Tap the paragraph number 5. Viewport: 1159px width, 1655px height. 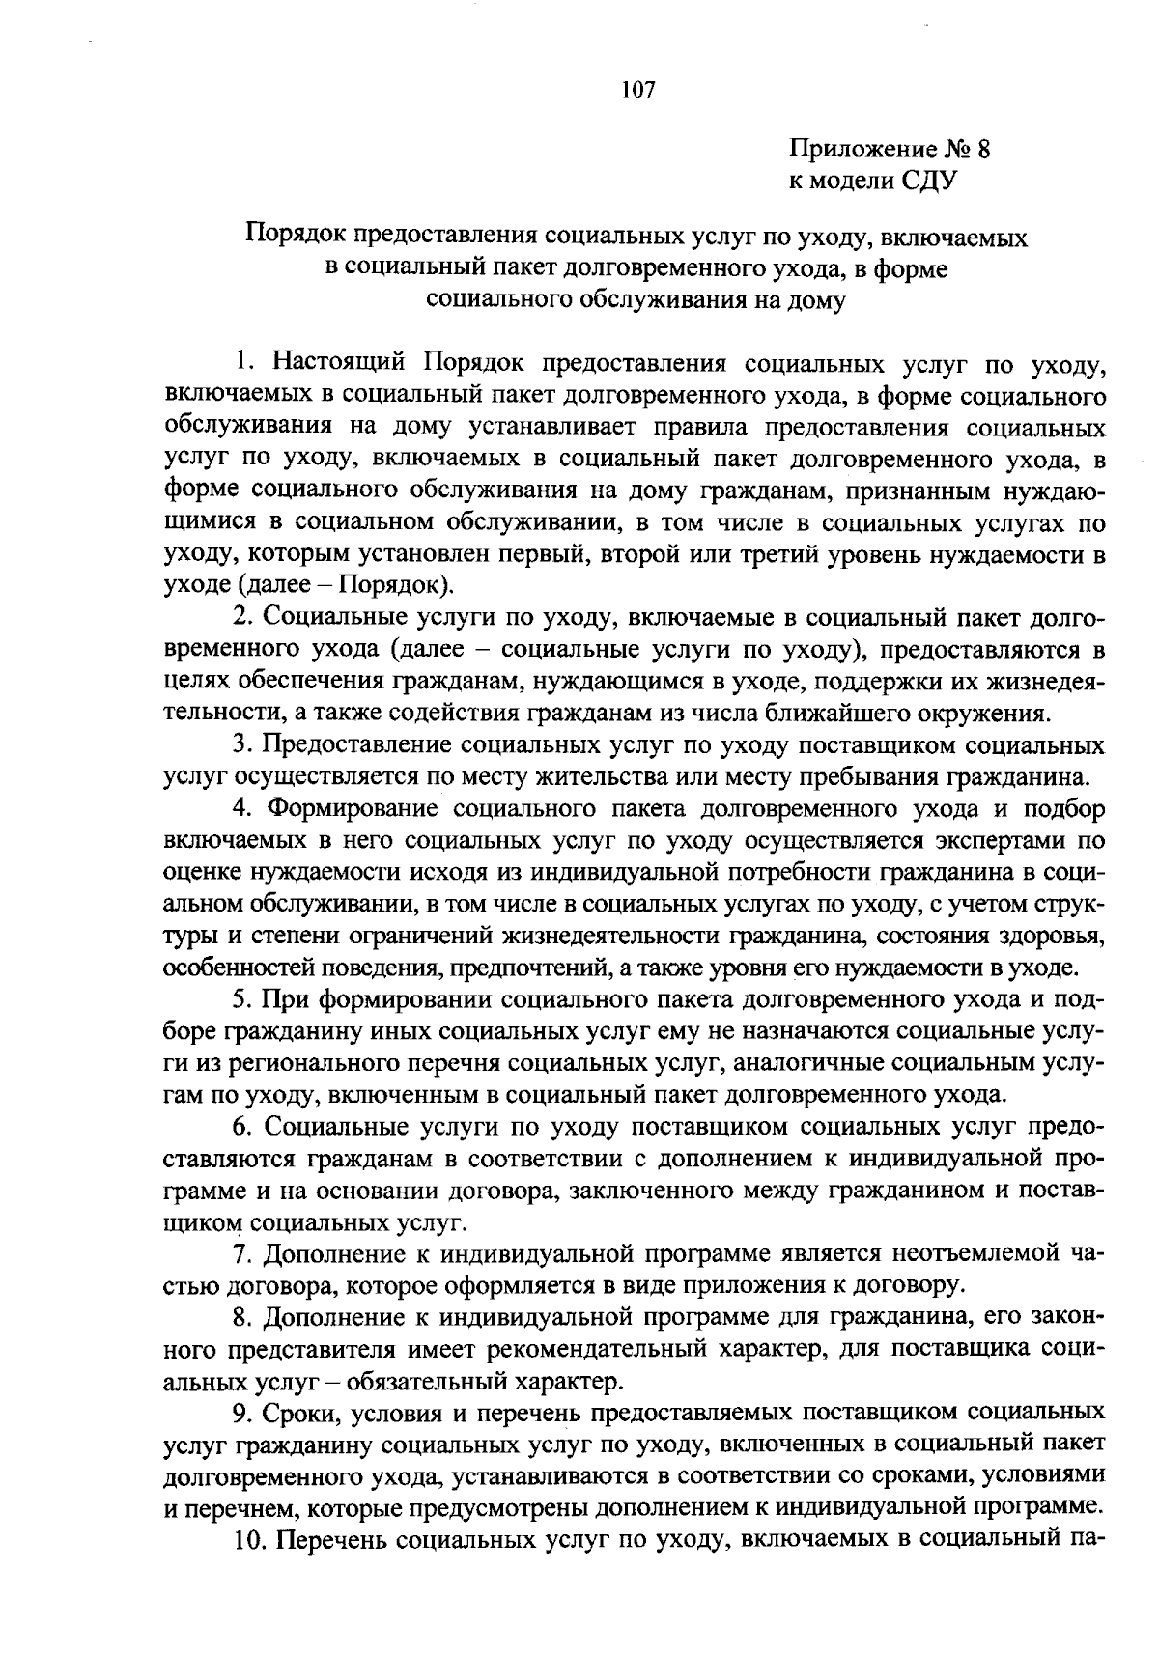242,999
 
